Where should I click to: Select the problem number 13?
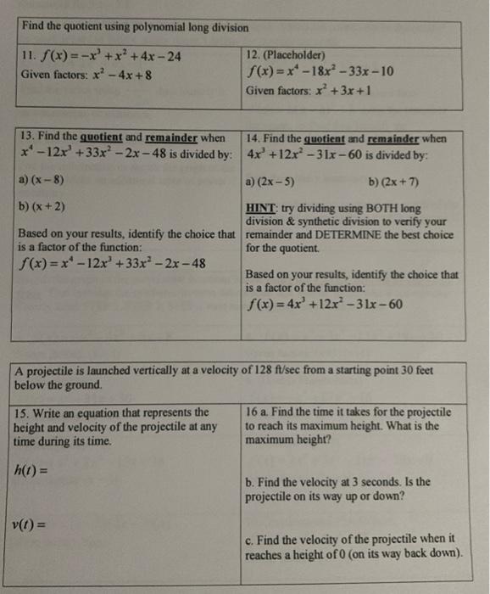tap(25, 137)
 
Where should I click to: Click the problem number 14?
tap(253, 138)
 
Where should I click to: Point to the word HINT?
tap(259, 205)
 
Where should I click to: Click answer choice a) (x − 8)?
tap(41, 181)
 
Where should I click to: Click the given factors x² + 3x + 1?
tap(341, 90)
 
